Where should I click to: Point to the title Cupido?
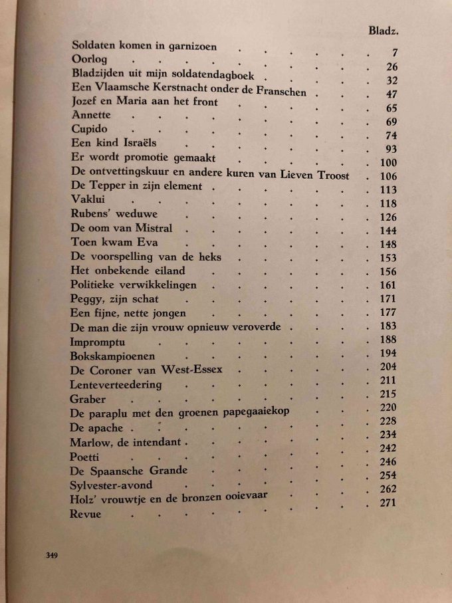point(88,129)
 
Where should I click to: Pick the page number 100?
point(387,163)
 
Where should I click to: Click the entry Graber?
point(87,400)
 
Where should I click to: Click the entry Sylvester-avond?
point(111,486)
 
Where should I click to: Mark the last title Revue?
point(85,514)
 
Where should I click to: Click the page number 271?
point(387,503)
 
